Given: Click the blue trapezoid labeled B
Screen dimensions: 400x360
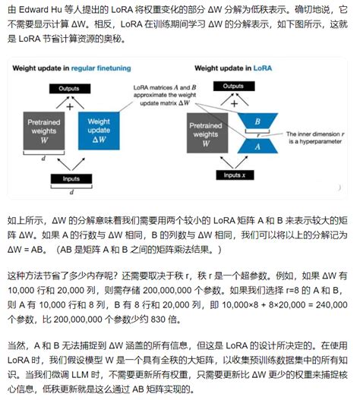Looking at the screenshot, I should pos(258,121).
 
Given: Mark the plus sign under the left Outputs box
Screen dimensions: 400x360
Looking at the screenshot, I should pos(70,106).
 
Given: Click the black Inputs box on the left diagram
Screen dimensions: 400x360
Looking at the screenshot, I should pos(70,178).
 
